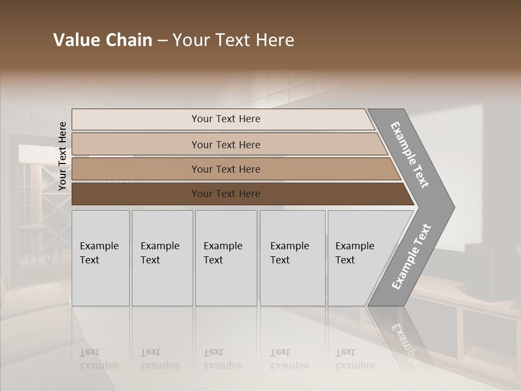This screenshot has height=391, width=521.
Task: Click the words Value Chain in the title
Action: (x=103, y=40)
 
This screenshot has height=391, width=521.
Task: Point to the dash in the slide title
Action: (x=162, y=41)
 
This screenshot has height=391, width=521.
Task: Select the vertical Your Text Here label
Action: (x=62, y=156)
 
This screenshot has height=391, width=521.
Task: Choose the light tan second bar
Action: (x=225, y=144)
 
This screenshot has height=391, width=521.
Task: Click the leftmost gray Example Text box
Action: (x=100, y=258)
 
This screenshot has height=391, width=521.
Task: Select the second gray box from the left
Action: (x=162, y=258)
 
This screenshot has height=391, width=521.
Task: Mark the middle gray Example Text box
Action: (x=226, y=258)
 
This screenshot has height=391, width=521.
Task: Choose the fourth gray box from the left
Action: (x=293, y=258)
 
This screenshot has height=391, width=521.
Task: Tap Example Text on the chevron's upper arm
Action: (x=410, y=155)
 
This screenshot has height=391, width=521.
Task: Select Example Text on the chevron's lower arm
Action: (x=411, y=257)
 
